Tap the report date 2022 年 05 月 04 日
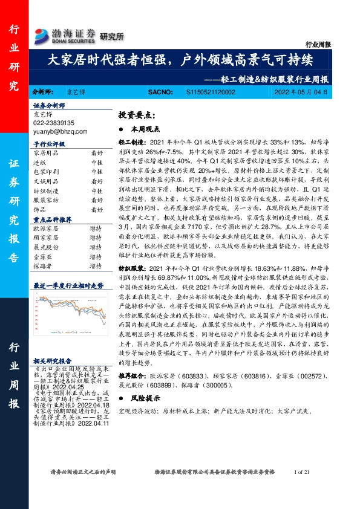coord(304,92)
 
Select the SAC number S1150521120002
coord(210,92)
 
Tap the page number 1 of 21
coord(301,472)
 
